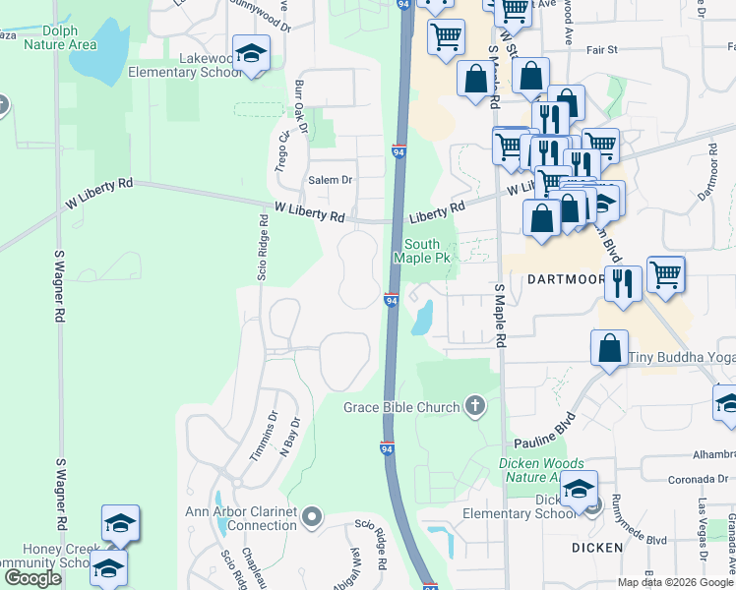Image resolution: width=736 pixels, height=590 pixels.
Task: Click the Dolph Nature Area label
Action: [59, 38]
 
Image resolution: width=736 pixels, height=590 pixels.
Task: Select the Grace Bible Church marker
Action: [475, 406]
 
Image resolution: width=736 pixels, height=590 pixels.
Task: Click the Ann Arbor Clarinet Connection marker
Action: [312, 516]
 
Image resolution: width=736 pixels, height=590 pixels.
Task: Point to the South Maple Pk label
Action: [422, 251]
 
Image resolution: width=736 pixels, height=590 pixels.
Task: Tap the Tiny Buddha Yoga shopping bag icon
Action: [610, 348]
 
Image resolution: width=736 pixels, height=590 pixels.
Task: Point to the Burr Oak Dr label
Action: [301, 106]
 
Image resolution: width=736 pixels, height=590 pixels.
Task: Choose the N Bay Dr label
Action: [289, 435]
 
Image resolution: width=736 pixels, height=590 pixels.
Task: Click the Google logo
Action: [33, 578]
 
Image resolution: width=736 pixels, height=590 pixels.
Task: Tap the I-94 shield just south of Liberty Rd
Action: [391, 300]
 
